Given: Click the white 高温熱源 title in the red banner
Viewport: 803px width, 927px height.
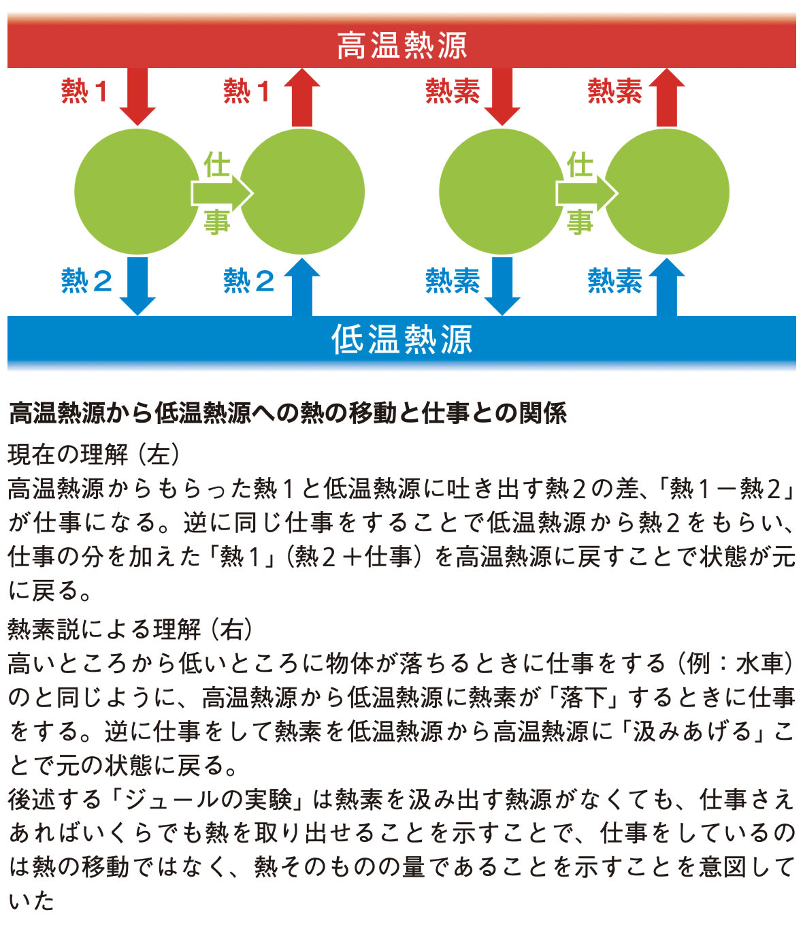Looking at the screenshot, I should pyautogui.click(x=401, y=45).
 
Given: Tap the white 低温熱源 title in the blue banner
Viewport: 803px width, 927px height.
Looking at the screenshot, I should pyautogui.click(x=401, y=339).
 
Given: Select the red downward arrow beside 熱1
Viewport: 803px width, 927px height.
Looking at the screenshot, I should pyautogui.click(x=137, y=97).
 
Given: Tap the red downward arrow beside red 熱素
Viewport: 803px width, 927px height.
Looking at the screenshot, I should pyautogui.click(x=502, y=97).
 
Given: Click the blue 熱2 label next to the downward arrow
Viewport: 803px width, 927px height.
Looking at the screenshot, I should pyautogui.click(x=86, y=280).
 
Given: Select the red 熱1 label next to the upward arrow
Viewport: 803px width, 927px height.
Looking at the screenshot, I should pyautogui.click(x=247, y=91).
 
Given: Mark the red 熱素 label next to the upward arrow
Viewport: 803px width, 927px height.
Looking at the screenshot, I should pyautogui.click(x=614, y=91).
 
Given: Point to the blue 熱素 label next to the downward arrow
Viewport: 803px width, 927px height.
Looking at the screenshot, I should pyautogui.click(x=453, y=280).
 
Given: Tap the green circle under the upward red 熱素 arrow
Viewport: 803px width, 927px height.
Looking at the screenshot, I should pyautogui.click(x=667, y=192).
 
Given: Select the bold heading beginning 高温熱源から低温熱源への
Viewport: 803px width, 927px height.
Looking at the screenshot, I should pyautogui.click(x=288, y=413).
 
